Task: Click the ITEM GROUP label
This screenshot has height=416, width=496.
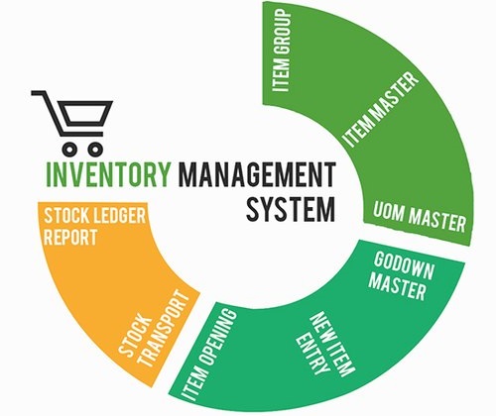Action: [x=281, y=51]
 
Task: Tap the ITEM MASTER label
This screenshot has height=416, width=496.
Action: [x=380, y=109]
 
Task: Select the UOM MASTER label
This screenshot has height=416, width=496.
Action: [x=420, y=217]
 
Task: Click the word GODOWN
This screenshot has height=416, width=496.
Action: [x=404, y=266]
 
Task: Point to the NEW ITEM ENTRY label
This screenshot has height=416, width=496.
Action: [x=325, y=345]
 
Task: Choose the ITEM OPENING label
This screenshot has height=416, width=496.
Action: [x=209, y=355]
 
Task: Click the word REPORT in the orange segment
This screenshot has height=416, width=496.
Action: [x=70, y=237]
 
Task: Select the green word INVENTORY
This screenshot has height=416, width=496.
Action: [x=109, y=173]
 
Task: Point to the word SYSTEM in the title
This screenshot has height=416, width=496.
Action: [x=291, y=209]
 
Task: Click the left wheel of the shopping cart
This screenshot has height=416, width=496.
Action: [x=69, y=149]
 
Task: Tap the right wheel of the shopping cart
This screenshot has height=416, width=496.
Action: [x=95, y=149]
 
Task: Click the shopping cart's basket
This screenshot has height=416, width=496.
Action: [x=85, y=113]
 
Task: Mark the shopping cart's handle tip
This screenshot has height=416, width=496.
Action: [x=33, y=93]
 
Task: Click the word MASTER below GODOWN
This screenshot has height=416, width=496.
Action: [x=397, y=287]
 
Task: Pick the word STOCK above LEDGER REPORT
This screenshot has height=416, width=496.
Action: [x=66, y=216]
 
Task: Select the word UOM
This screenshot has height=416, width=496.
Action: [x=389, y=211]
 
